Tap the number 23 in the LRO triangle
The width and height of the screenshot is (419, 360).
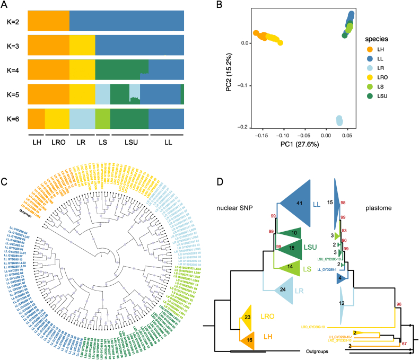(247, 317)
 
